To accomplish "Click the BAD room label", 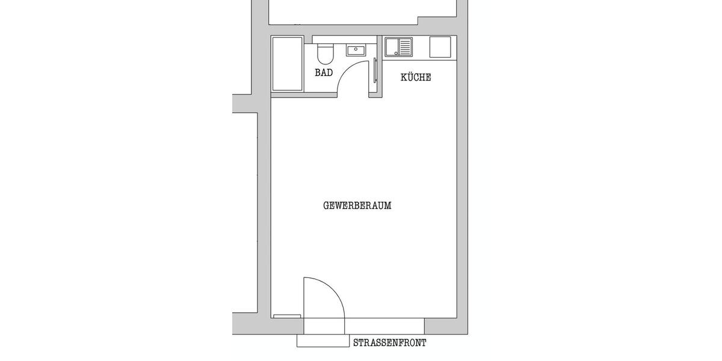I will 324,73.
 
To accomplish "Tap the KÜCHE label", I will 416,78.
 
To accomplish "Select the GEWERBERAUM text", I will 357,206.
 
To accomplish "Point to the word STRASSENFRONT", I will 390,344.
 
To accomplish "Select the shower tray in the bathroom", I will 287,64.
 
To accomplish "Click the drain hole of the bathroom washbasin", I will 356,50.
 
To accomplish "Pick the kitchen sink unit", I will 398,47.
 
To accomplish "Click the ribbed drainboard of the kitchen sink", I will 406,47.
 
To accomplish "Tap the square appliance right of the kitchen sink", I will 440,47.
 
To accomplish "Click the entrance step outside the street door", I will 323,341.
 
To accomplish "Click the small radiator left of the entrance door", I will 287,316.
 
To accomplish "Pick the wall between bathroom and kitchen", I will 379,66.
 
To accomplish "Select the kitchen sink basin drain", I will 392,47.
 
